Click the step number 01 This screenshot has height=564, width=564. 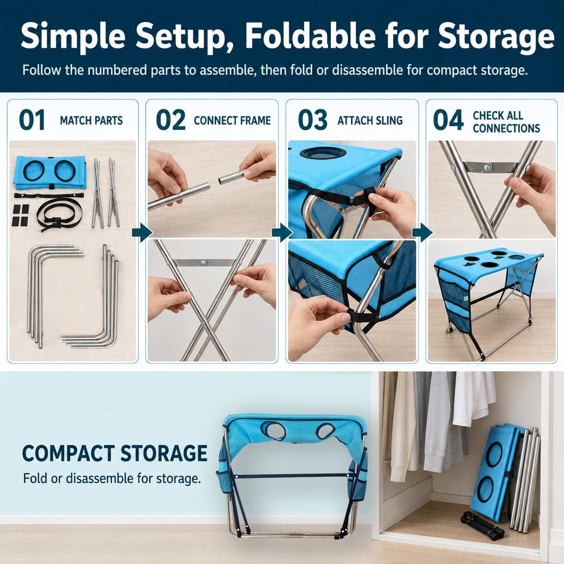(x=32, y=120)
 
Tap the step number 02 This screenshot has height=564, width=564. (x=170, y=120)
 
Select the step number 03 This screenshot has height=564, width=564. (x=313, y=120)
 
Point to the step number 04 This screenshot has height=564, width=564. (x=448, y=120)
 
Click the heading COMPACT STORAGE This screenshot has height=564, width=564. (x=115, y=454)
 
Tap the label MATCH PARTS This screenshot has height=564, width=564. (x=91, y=121)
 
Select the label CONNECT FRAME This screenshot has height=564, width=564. (x=232, y=121)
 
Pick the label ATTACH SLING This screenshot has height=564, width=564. (x=370, y=121)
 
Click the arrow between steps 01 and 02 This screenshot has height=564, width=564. (x=142, y=233)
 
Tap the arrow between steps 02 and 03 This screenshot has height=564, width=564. (x=282, y=233)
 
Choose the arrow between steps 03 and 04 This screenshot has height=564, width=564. (x=422, y=233)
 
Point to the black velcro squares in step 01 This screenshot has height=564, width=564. (x=20, y=215)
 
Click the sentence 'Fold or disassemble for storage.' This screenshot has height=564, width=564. (x=112, y=479)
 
